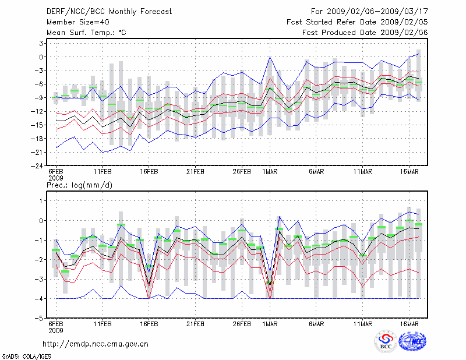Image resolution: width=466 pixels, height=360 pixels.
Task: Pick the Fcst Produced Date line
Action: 365,33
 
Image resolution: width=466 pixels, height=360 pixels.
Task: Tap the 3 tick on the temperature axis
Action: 41,43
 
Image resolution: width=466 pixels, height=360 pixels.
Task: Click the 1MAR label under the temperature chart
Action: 270,173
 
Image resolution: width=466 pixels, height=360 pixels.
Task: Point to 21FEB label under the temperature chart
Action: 195,173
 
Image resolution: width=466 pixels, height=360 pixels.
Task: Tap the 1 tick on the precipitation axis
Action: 41,201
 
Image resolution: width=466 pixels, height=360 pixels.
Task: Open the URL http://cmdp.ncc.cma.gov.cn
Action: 96,344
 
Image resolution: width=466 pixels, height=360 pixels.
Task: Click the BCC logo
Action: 386,343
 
